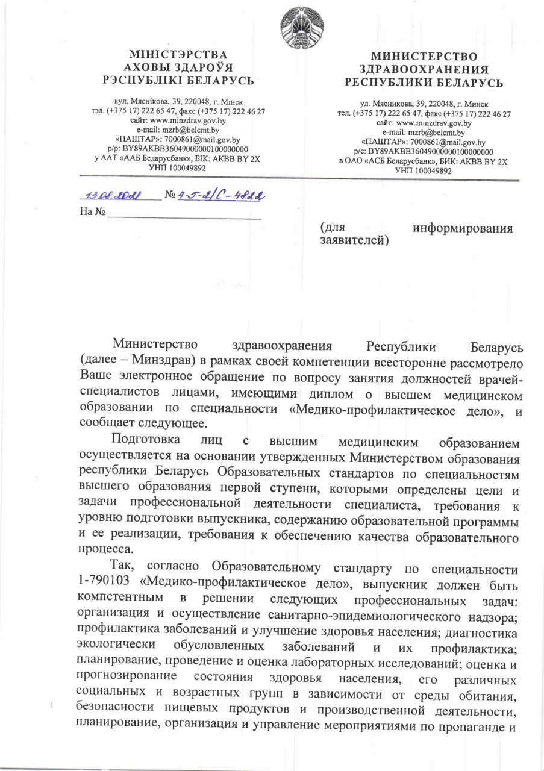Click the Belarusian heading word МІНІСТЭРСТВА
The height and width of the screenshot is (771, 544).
174,56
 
